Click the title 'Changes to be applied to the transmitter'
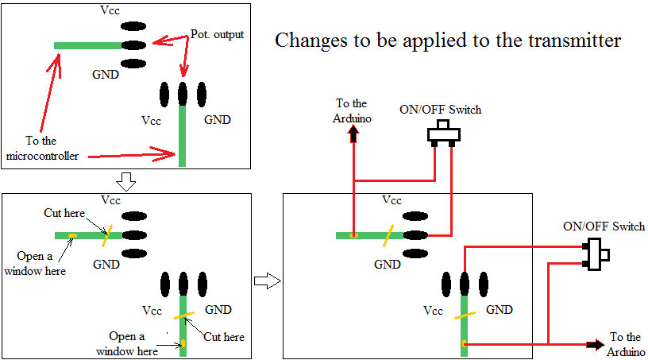[x=448, y=41]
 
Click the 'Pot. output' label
[x=217, y=35]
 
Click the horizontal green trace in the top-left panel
[x=87, y=45]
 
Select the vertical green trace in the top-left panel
[x=183, y=135]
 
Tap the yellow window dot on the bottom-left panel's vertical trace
[x=183, y=343]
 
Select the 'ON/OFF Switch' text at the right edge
[x=604, y=226]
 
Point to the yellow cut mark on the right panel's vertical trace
[x=464, y=316]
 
